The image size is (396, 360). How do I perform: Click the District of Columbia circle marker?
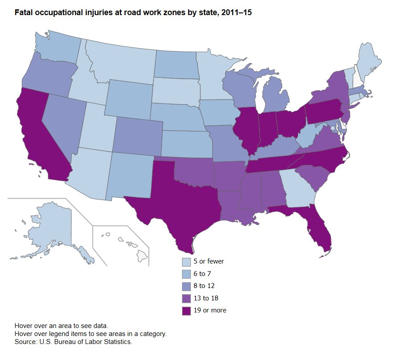coord(332,128)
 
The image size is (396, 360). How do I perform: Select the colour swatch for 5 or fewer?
coord(186,262)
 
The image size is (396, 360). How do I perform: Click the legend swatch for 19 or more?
coord(186,311)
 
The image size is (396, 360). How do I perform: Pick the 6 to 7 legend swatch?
coord(186,274)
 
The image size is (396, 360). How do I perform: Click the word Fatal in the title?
coord(23,13)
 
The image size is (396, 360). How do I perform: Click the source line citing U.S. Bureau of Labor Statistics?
coord(74,342)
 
